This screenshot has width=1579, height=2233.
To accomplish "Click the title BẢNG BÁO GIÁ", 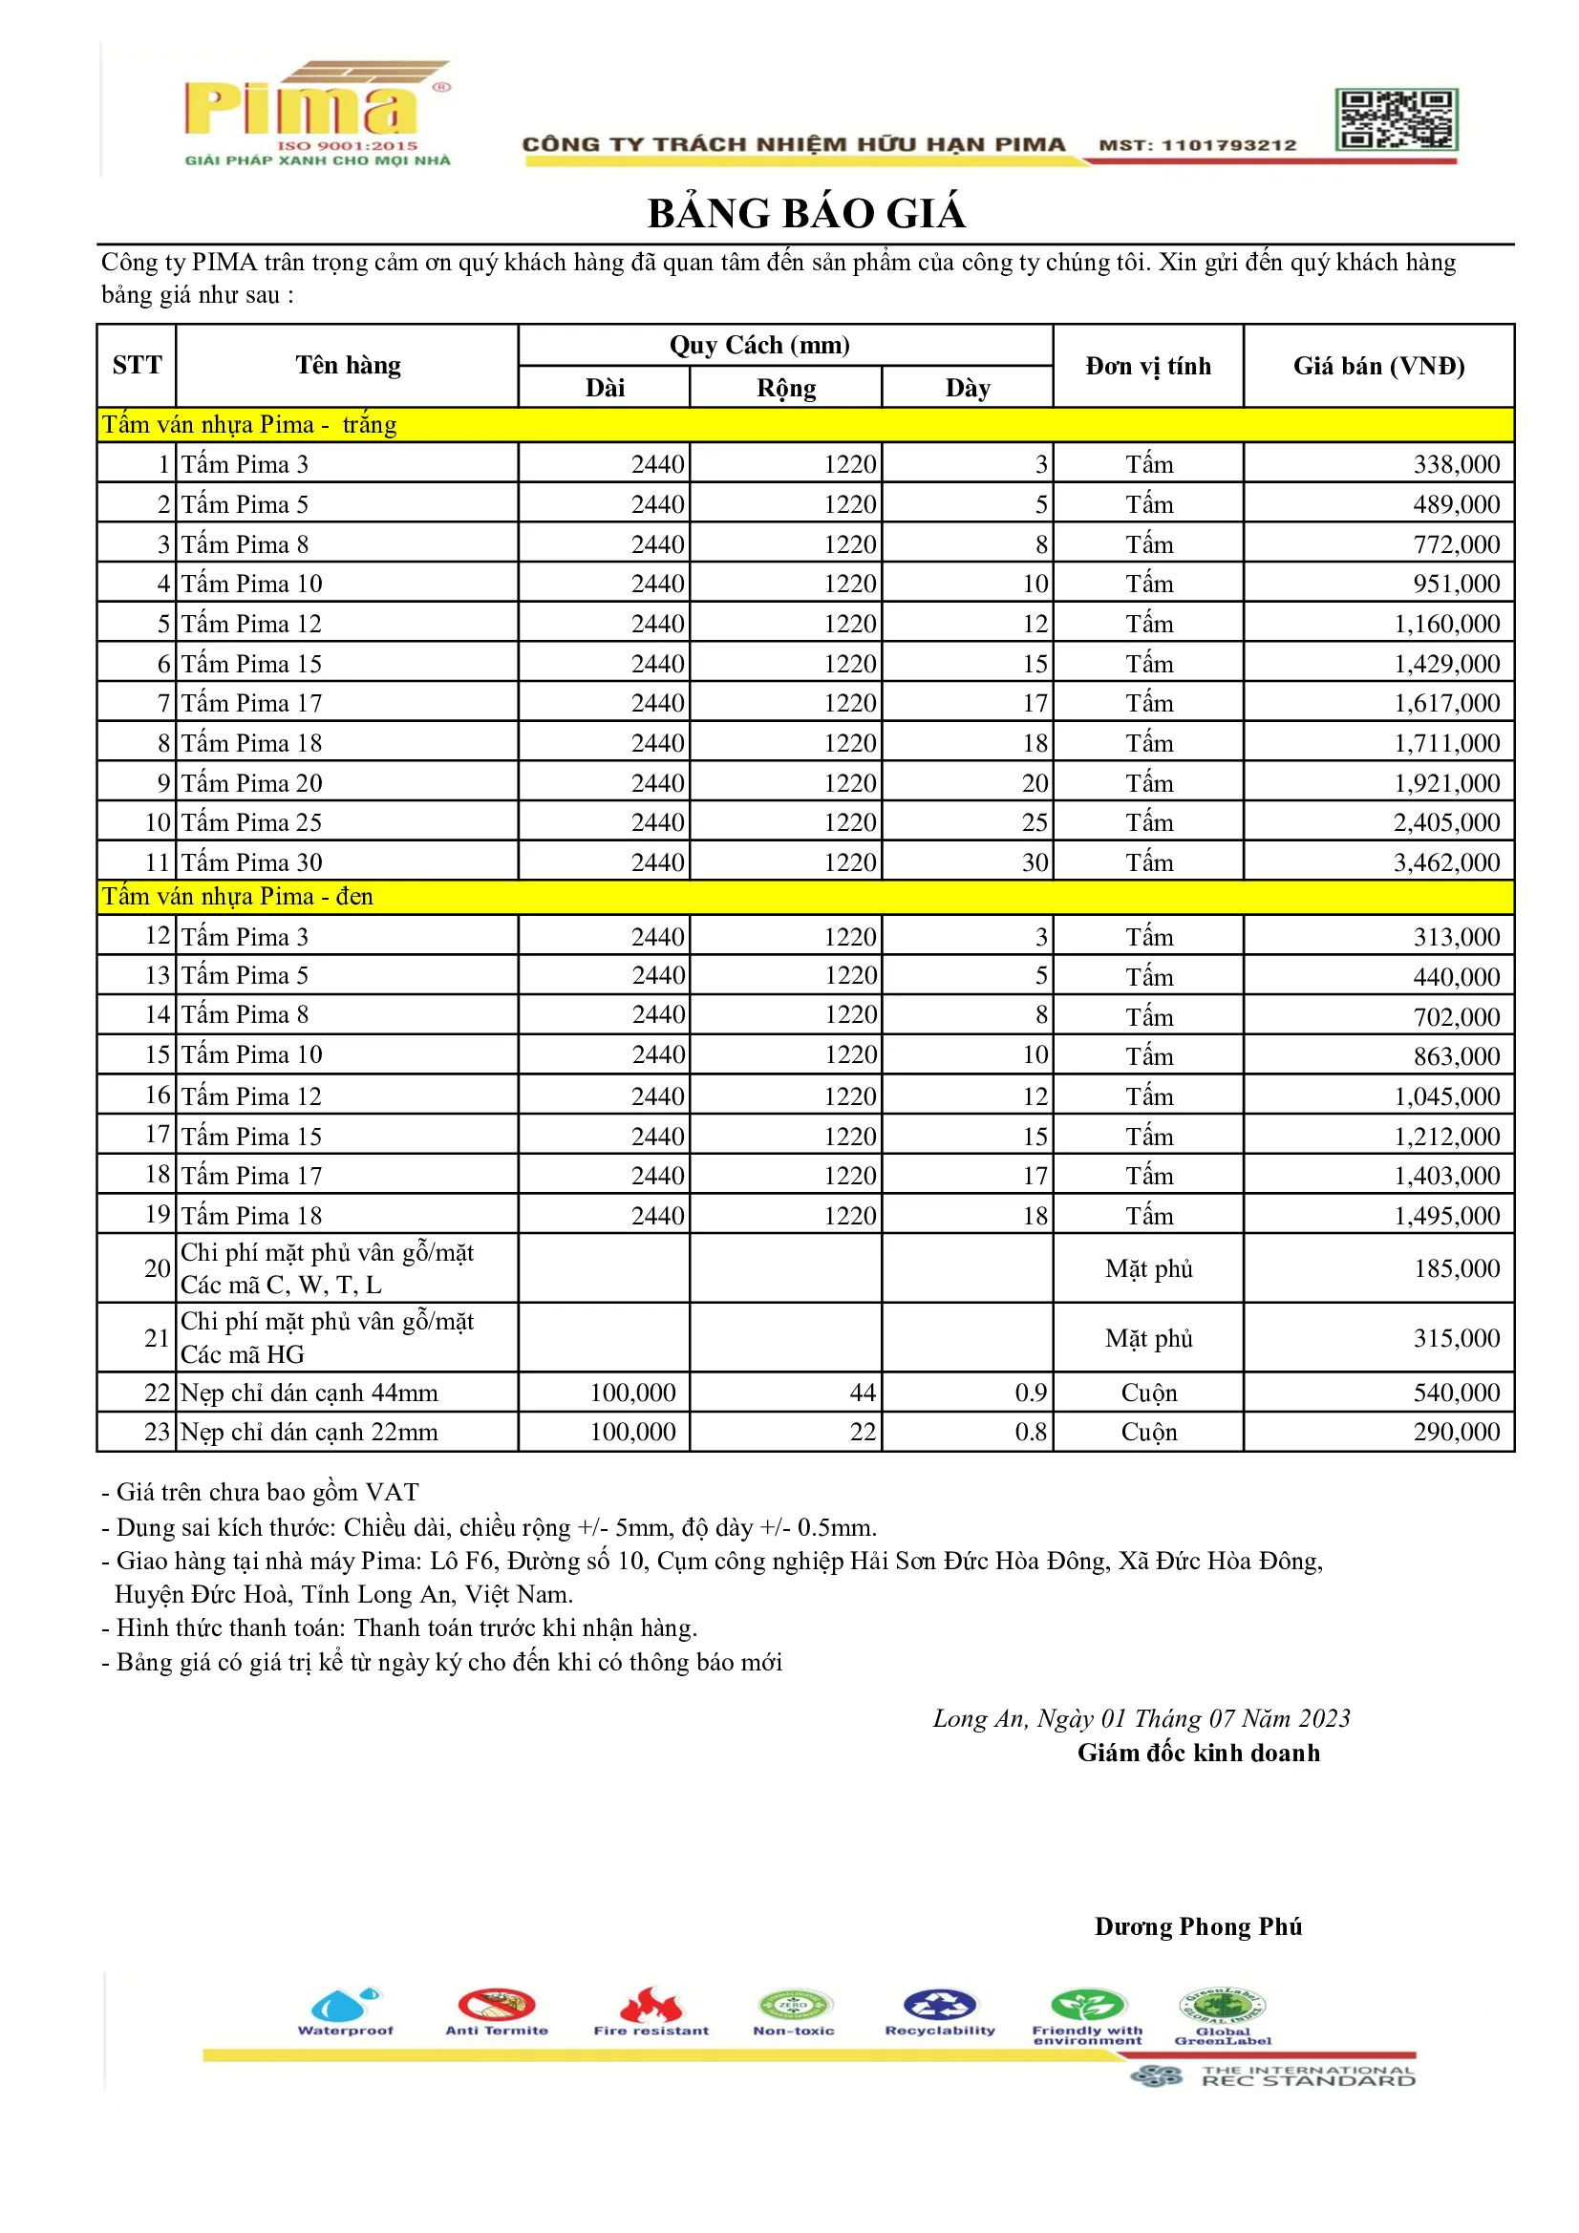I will [806, 214].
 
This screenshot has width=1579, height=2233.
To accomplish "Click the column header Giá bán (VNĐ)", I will [1377, 366].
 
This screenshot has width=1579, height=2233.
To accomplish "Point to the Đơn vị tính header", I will [1148, 366].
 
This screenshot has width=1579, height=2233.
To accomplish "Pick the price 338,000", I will [1456, 464].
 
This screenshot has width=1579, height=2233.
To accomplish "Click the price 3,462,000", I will [1445, 861].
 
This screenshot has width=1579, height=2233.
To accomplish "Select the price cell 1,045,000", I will [1445, 1096].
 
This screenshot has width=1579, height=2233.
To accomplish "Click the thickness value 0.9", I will [1031, 1393].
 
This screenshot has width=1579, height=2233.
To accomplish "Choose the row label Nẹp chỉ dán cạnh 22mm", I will [309, 1432].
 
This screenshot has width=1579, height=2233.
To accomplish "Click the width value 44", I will [862, 1393].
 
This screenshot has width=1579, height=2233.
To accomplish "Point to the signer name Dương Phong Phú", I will [1198, 1926].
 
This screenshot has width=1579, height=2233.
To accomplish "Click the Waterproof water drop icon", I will [344, 2005].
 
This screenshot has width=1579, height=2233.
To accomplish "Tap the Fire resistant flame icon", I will [650, 2005].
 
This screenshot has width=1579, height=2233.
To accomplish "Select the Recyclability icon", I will [939, 2005].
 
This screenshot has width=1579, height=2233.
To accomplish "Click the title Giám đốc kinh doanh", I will [1198, 1753].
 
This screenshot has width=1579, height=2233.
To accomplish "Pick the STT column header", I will [138, 366].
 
